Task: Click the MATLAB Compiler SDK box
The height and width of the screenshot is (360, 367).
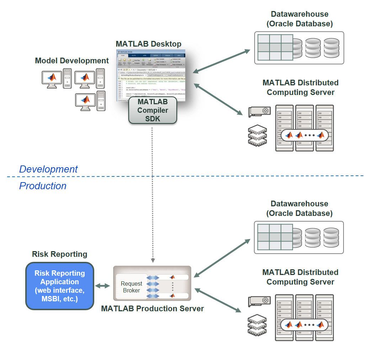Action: click(153, 110)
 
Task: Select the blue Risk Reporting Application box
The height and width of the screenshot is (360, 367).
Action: click(59, 286)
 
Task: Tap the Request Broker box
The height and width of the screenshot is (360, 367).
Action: click(131, 287)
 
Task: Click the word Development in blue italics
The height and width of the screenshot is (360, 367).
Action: click(48, 169)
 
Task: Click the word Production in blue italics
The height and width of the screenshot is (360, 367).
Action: click(43, 186)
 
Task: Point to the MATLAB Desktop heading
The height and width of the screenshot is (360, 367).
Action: click(148, 44)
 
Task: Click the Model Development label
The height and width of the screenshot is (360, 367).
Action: click(72, 61)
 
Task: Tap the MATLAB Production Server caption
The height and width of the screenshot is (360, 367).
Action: click(152, 309)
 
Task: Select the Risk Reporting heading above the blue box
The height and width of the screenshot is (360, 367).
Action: click(59, 254)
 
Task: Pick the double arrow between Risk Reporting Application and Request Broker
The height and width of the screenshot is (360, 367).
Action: click(102, 286)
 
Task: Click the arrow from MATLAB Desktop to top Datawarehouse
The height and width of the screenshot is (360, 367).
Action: click(222, 61)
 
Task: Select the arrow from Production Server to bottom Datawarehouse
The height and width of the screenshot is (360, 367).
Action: click(222, 258)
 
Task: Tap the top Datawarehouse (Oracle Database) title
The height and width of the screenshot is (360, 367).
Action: click(299, 19)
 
